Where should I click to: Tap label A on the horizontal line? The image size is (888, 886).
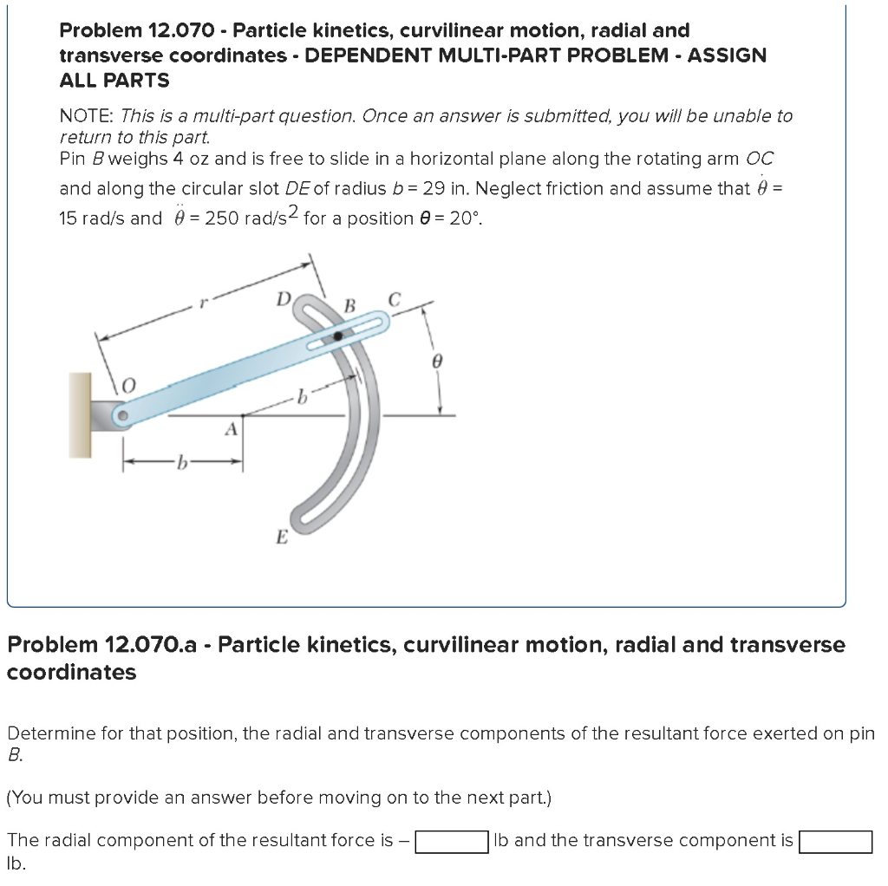tap(231, 427)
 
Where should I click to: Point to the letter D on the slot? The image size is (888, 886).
tap(284, 300)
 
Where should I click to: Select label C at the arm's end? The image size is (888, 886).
tap(395, 301)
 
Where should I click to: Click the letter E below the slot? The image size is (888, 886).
tap(281, 537)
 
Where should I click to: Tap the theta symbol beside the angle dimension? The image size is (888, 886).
tap(438, 358)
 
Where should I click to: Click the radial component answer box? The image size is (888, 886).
tap(451, 842)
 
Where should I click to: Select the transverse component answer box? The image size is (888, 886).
tap(835, 842)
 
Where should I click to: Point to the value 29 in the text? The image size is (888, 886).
tap(434, 188)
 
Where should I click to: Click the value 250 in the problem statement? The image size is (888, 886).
tap(221, 218)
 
